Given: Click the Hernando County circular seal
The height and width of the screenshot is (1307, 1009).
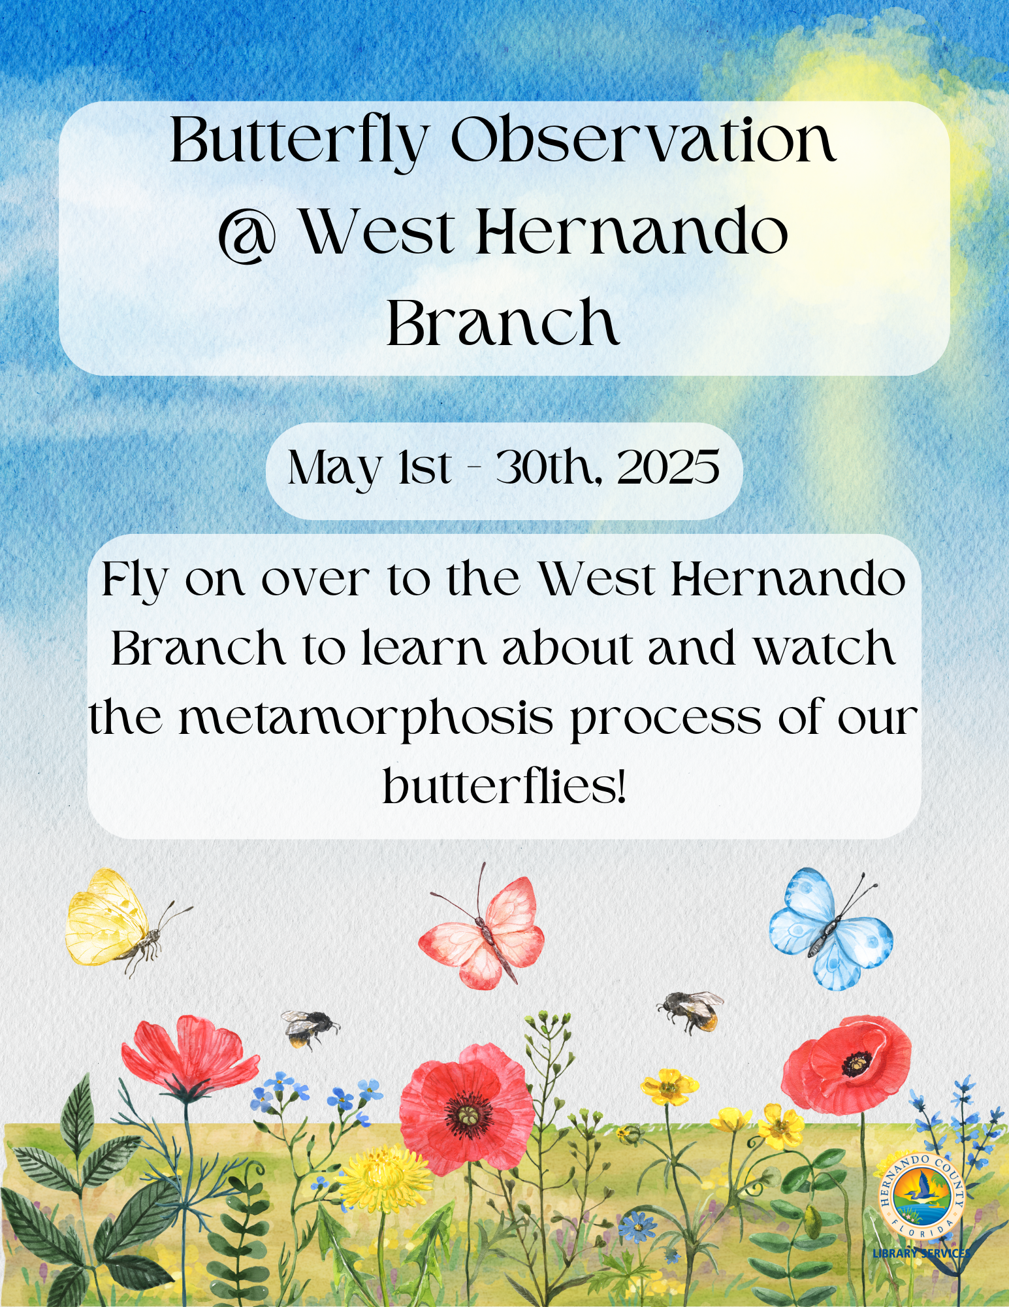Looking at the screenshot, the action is (x=921, y=1196).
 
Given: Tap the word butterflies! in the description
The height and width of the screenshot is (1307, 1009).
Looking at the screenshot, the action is (x=504, y=784).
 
